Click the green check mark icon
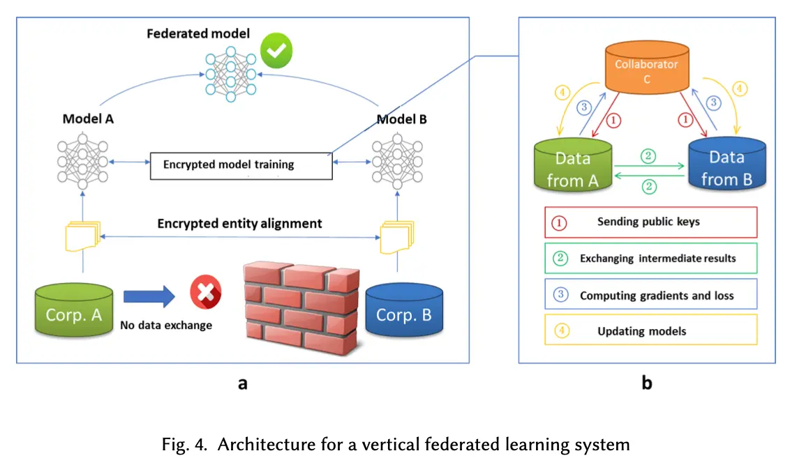(x=276, y=50)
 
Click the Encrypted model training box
(x=241, y=165)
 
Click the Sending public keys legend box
(x=650, y=222)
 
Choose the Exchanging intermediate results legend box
(x=650, y=258)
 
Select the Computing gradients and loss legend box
(x=650, y=295)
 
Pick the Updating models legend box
(x=650, y=330)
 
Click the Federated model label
(x=197, y=33)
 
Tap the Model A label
(x=88, y=118)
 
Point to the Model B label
(x=401, y=119)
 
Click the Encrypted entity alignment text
(x=239, y=224)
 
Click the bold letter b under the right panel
(x=647, y=383)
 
